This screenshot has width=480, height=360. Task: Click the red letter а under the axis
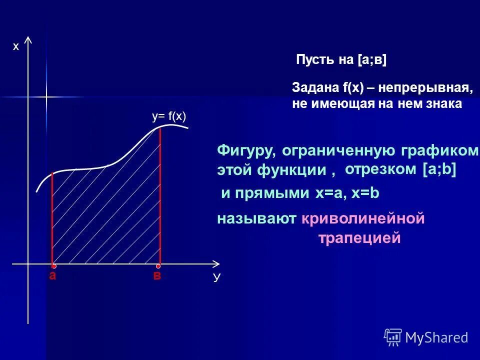pyautogui.click(x=52, y=276)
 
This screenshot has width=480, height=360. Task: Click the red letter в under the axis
pyautogui.click(x=157, y=276)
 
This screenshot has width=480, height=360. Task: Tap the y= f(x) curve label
pyautogui.click(x=169, y=116)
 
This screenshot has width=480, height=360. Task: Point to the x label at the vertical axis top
pyautogui.click(x=15, y=46)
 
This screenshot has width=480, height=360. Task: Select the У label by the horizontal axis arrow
pyautogui.click(x=216, y=278)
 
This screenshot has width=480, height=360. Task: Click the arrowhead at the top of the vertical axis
pyautogui.click(x=28, y=40)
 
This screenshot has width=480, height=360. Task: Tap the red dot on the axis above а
pyautogui.click(x=53, y=266)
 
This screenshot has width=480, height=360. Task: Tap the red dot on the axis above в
pyautogui.click(x=158, y=266)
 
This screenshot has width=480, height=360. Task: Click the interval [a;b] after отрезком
pyautogui.click(x=439, y=169)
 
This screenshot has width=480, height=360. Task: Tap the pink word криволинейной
pyautogui.click(x=362, y=218)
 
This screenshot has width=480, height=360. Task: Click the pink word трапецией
pyautogui.click(x=359, y=238)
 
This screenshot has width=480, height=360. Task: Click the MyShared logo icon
pyautogui.click(x=393, y=337)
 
